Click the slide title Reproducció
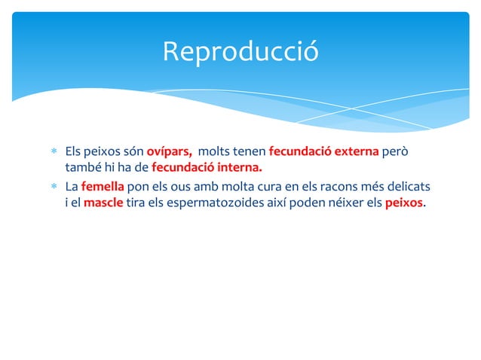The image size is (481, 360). pos(240,51)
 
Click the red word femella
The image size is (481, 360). pos(102,185)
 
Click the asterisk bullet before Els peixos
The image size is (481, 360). pos(54,151)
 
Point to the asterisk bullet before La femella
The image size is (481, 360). pos(54,186)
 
